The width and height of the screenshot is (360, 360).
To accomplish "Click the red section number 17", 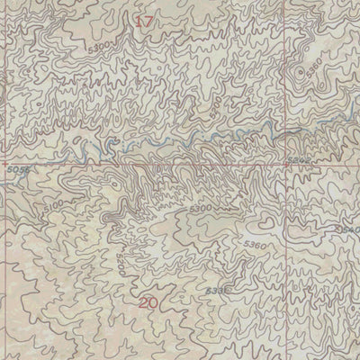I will click(146, 20).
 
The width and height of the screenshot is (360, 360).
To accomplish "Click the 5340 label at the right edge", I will click(349, 230).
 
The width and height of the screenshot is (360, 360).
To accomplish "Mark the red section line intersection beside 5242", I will click(287, 166).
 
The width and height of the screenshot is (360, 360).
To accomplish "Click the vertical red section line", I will click(287, 270).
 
